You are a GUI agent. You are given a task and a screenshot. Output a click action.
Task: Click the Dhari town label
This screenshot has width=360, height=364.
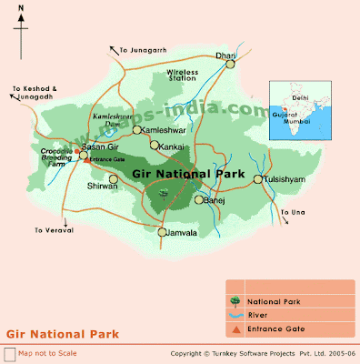tap(225, 56)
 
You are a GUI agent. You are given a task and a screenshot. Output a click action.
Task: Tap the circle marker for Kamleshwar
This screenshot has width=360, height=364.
tap(136, 130)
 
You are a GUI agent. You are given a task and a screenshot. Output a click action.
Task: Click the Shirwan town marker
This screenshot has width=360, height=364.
tap(114, 179)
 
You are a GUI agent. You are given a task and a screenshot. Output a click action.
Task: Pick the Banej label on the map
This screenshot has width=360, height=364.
tap(215, 199)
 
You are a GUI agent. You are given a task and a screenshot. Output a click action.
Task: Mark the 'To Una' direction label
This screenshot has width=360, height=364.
tap(293, 211)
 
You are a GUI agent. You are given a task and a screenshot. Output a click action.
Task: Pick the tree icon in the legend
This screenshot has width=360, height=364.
tap(235, 300)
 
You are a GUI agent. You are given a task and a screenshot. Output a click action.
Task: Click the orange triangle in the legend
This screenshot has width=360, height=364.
tap(235, 329)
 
